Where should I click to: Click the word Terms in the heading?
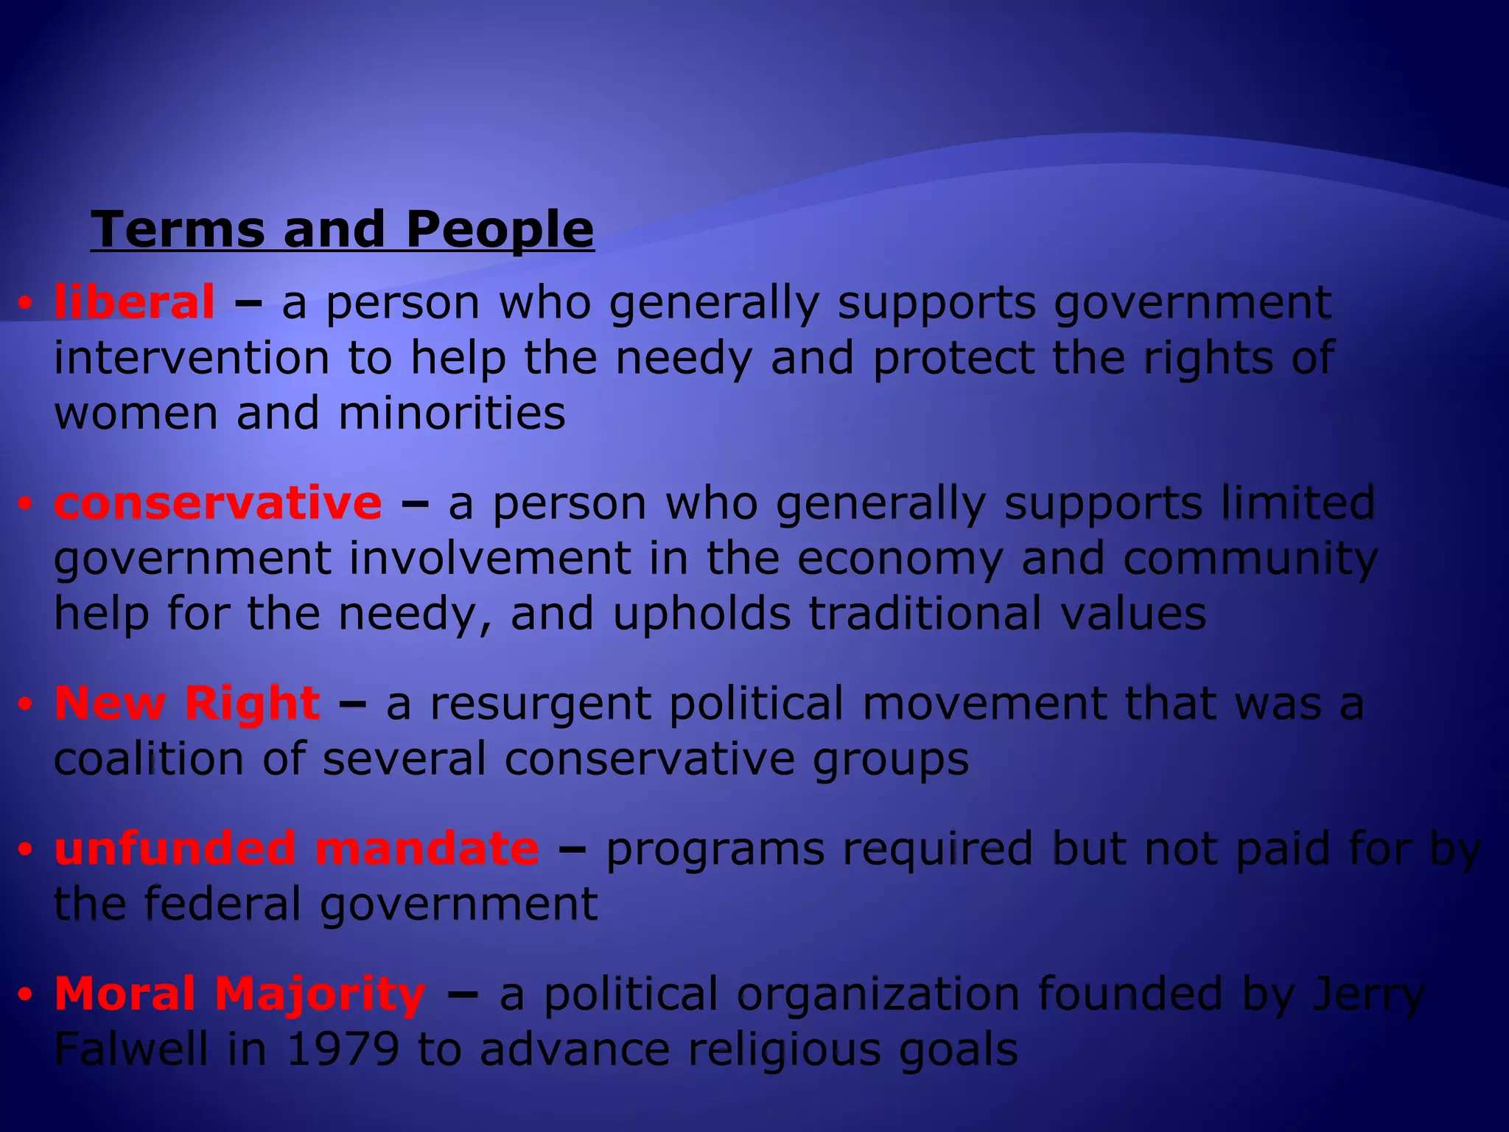tap(177, 229)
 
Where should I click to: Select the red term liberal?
tap(135, 302)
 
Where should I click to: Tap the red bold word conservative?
tap(218, 503)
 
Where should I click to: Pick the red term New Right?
tap(187, 703)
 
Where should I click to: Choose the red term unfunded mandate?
tap(296, 848)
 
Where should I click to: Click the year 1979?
tap(343, 1049)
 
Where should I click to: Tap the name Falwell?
tap(131, 1049)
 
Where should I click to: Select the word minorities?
tap(452, 413)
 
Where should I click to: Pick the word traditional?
tap(925, 613)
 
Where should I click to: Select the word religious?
tap(784, 1050)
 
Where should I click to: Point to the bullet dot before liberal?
tap(26, 304)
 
